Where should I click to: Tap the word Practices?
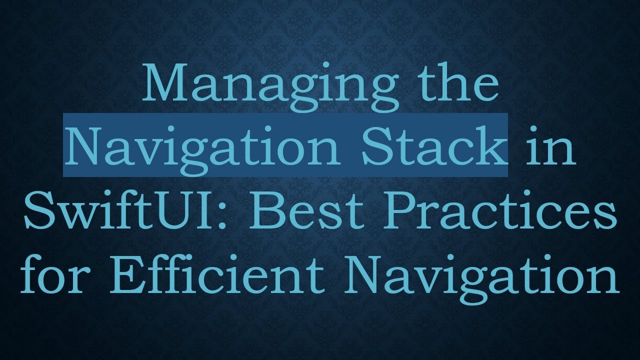click(x=497, y=210)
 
